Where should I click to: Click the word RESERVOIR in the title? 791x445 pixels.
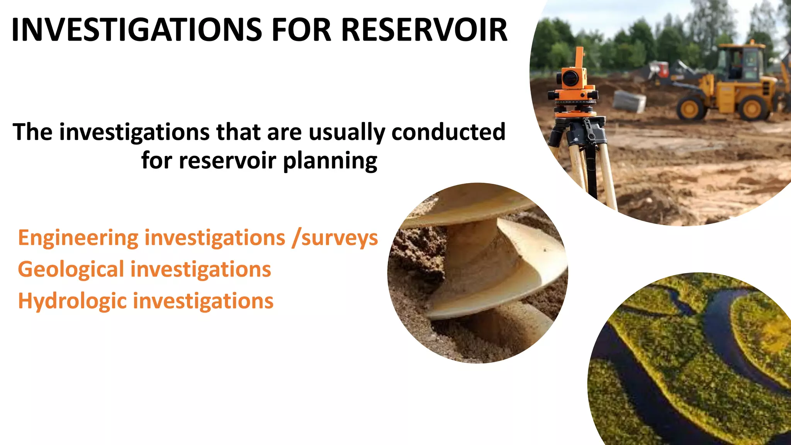click(x=424, y=30)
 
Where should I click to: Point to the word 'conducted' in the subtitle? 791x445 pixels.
click(x=448, y=132)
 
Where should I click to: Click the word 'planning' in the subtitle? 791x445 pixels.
click(x=330, y=161)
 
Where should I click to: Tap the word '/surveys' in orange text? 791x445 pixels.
click(x=335, y=238)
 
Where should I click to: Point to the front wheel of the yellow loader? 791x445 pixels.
click(x=691, y=108)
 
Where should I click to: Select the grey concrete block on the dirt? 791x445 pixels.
click(x=630, y=101)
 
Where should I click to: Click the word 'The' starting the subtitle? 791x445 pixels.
click(x=32, y=132)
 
